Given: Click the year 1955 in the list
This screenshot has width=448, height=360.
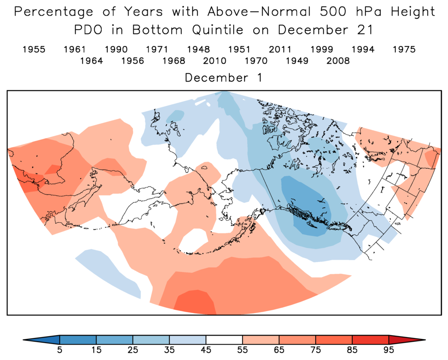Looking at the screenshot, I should [34, 49].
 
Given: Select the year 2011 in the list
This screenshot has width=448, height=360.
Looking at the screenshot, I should [280, 49].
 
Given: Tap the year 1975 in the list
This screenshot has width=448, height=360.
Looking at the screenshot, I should [403, 49].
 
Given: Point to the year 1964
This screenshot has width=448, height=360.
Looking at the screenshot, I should [91, 61].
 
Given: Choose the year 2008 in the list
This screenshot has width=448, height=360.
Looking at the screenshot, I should [338, 61].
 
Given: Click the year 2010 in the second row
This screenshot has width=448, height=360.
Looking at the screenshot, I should [215, 61].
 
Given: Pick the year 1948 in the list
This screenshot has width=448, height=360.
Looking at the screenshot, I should [198, 49].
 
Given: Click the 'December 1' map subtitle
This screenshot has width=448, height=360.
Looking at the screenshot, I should [223, 78].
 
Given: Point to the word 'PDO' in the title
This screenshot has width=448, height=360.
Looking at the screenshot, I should [90, 30].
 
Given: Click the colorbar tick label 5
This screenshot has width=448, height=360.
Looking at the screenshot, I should [60, 350].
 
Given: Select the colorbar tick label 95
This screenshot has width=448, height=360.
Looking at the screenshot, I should [389, 350].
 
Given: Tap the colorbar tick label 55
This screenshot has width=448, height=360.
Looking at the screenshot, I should [243, 350].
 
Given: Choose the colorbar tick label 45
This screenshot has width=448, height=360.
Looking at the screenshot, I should [206, 350].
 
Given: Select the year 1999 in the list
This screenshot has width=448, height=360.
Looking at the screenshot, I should [321, 49].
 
